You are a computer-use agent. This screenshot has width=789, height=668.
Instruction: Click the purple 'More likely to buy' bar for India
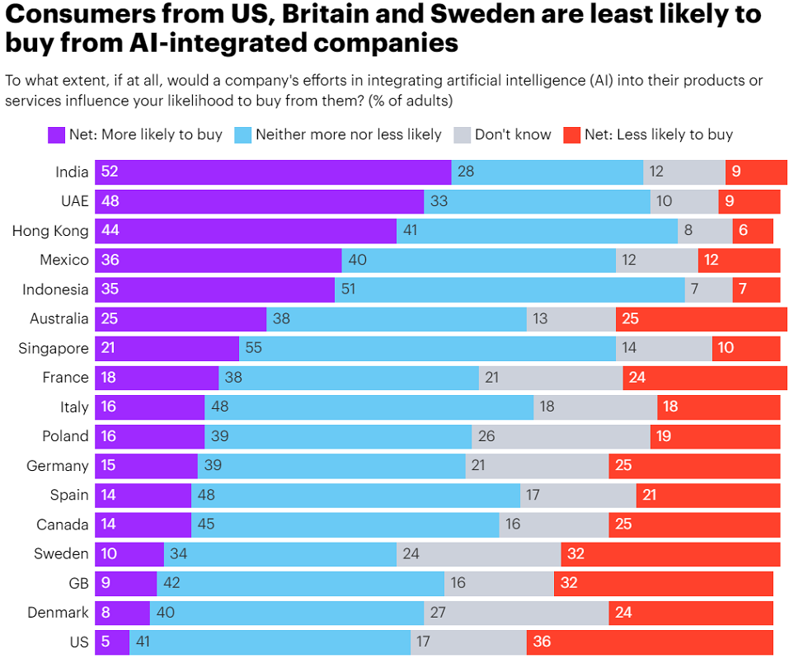coord(273,172)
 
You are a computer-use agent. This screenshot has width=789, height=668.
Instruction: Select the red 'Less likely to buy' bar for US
coord(650,642)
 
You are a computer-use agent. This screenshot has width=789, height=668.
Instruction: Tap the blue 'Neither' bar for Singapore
coord(427,348)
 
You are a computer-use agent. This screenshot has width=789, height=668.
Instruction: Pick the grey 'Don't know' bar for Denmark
coord(516,613)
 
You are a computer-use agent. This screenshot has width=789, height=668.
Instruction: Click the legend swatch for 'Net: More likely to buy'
coord(56,134)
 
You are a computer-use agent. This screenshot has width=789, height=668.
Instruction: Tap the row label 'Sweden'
coord(61,553)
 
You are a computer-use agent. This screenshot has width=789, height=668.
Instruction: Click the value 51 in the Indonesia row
coord(348,289)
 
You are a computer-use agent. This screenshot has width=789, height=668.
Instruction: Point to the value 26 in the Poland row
coord(486,436)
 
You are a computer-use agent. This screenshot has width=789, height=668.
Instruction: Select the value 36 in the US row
coord(542,642)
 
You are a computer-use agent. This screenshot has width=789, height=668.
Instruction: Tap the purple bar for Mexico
coord(218,261)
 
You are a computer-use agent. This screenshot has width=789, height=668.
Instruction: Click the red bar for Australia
coord(701,319)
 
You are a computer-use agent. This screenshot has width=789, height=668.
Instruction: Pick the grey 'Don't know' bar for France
coord(551,378)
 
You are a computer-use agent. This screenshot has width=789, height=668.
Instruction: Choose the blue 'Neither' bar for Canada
coord(345,525)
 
